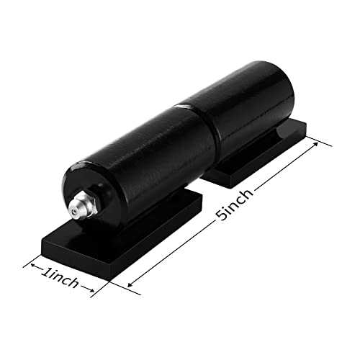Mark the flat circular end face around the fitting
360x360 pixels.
click(x=97, y=189)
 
